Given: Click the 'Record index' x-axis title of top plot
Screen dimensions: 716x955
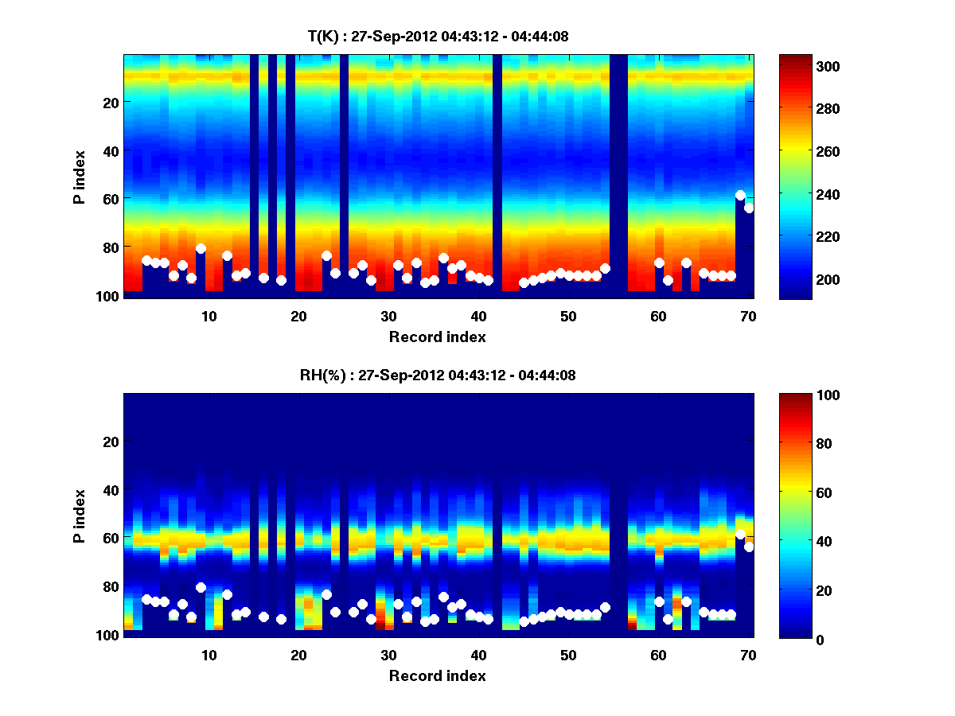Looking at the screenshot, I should pyautogui.click(x=438, y=337).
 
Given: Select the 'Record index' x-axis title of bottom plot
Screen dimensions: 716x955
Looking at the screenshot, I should pyautogui.click(x=438, y=675).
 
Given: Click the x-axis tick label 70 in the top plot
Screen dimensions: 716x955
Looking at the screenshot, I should pyautogui.click(x=749, y=316).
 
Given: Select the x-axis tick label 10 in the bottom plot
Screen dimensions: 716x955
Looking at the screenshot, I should pyautogui.click(x=209, y=655).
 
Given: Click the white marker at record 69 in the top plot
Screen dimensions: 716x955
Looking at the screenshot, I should pyautogui.click(x=740, y=195).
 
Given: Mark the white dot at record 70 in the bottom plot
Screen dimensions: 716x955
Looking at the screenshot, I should pyautogui.click(x=749, y=547).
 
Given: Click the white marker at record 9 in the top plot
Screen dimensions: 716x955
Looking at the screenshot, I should pyautogui.click(x=201, y=248).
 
